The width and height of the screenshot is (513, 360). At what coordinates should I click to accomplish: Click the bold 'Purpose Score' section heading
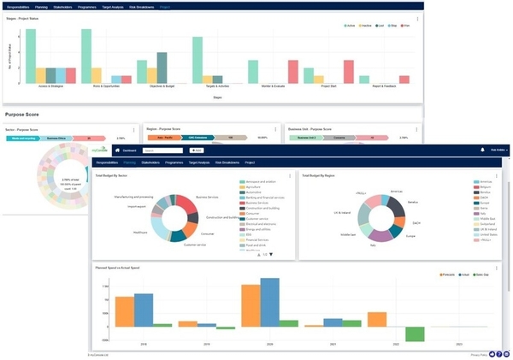tap(24, 113)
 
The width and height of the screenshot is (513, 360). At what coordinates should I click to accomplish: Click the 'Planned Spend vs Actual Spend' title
tap(117, 268)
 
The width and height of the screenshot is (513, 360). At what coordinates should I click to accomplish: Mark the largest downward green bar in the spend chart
tap(416, 334)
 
